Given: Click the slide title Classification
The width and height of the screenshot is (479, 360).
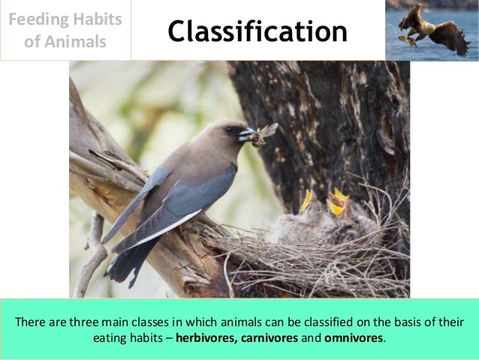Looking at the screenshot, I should click(258, 32).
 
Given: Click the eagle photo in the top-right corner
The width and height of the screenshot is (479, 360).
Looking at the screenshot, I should click(432, 30).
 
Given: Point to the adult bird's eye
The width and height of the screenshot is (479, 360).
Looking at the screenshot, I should click(228, 129).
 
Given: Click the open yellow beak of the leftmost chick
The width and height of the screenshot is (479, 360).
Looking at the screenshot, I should click(306, 200).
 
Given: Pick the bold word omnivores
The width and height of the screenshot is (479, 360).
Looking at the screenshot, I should click(354, 337).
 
